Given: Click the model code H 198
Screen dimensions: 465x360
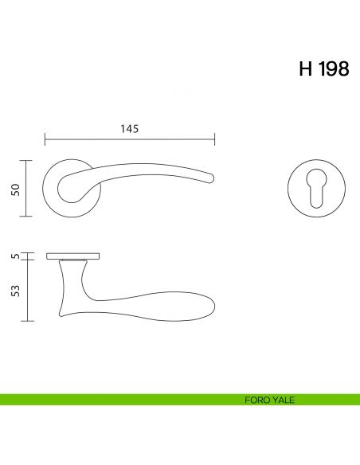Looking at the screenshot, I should tap(323, 69).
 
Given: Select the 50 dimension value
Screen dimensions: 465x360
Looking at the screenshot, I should tap(15, 188).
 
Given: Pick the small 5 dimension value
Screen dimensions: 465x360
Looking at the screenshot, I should tap(15, 256).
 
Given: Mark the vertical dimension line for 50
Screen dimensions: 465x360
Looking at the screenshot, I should tap(29, 188).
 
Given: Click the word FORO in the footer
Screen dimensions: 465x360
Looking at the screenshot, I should tap(256, 400).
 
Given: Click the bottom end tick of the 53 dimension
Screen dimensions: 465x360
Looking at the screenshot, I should tap(29, 321).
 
